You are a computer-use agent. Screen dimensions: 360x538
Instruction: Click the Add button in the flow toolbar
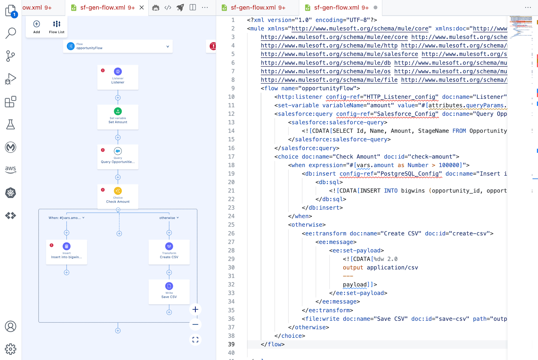click(37, 27)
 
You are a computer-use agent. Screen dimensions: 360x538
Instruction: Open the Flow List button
click(56, 27)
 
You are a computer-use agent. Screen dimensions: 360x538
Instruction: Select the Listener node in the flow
click(118, 77)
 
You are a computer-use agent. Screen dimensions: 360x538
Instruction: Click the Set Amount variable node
click(118, 117)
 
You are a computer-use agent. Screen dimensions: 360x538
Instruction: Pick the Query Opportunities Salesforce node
click(118, 156)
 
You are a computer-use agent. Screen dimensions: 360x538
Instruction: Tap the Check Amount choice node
click(118, 196)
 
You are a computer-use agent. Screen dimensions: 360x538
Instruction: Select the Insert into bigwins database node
click(67, 252)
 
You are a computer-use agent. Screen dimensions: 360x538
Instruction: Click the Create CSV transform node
click(169, 252)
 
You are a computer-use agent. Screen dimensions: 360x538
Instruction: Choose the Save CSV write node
click(169, 291)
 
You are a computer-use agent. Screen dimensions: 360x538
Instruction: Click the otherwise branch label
click(167, 218)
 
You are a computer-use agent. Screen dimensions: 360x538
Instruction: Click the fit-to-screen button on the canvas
click(195, 340)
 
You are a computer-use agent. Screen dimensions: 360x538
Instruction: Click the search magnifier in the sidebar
click(11, 33)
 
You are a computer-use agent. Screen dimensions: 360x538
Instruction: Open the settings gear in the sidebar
click(11, 349)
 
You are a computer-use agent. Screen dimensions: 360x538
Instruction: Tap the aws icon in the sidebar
click(11, 169)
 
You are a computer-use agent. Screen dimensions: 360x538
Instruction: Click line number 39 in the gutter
click(231, 344)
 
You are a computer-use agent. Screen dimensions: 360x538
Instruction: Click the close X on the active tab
click(142, 7)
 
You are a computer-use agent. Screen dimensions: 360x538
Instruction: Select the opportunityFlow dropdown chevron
click(168, 46)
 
